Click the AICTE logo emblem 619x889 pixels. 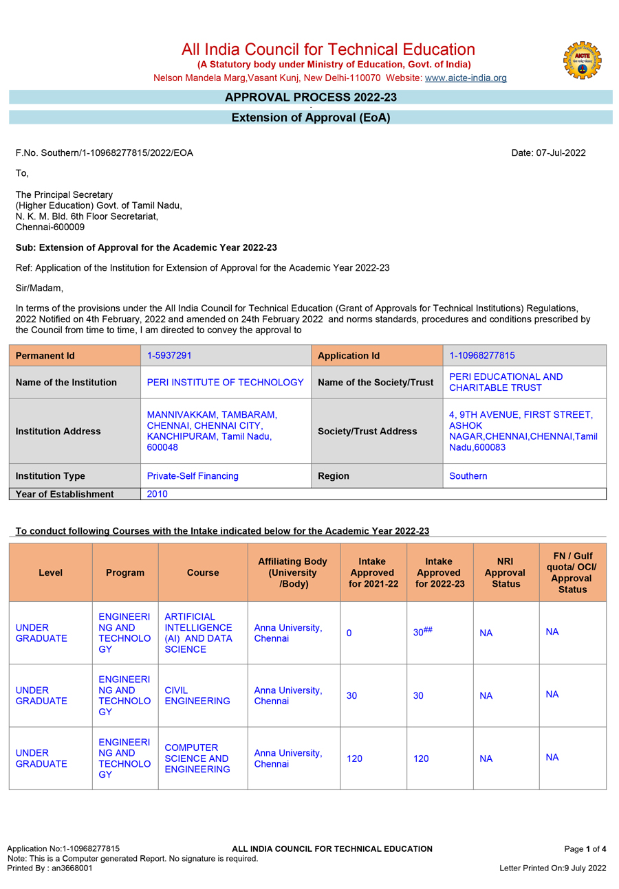pyautogui.click(x=582, y=60)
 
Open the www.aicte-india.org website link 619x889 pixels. pyautogui.click(x=466, y=78)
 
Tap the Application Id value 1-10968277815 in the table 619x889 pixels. pyautogui.click(x=481, y=356)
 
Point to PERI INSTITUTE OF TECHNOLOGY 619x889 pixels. pyautogui.click(x=225, y=383)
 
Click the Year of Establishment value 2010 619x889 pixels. pyautogui.click(x=157, y=494)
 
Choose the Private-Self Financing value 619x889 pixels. pyautogui.click(x=193, y=476)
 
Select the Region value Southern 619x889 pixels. pyautogui.click(x=468, y=476)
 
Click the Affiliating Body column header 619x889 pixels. pyautogui.click(x=293, y=572)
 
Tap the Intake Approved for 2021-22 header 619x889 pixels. pyautogui.click(x=372, y=572)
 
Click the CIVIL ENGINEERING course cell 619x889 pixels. pyautogui.click(x=197, y=695)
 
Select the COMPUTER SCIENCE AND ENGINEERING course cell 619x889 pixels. pyautogui.click(x=197, y=758)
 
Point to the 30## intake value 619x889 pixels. pyautogui.click(x=422, y=632)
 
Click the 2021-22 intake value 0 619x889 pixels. pyautogui.click(x=349, y=633)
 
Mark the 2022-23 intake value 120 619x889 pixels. pyautogui.click(x=421, y=758)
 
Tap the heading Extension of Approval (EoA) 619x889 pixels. pyautogui.click(x=310, y=117)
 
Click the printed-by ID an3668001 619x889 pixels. pyautogui.click(x=72, y=868)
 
